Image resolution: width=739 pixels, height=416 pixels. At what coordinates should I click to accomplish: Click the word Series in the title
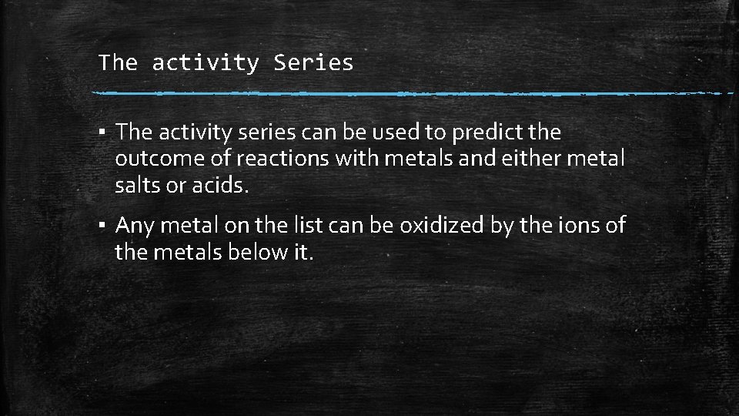313,62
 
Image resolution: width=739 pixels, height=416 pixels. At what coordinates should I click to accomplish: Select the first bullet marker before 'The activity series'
102,133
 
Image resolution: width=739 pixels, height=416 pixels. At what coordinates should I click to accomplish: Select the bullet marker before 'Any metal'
102,226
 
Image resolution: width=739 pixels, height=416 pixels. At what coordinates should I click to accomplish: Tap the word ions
576,225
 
